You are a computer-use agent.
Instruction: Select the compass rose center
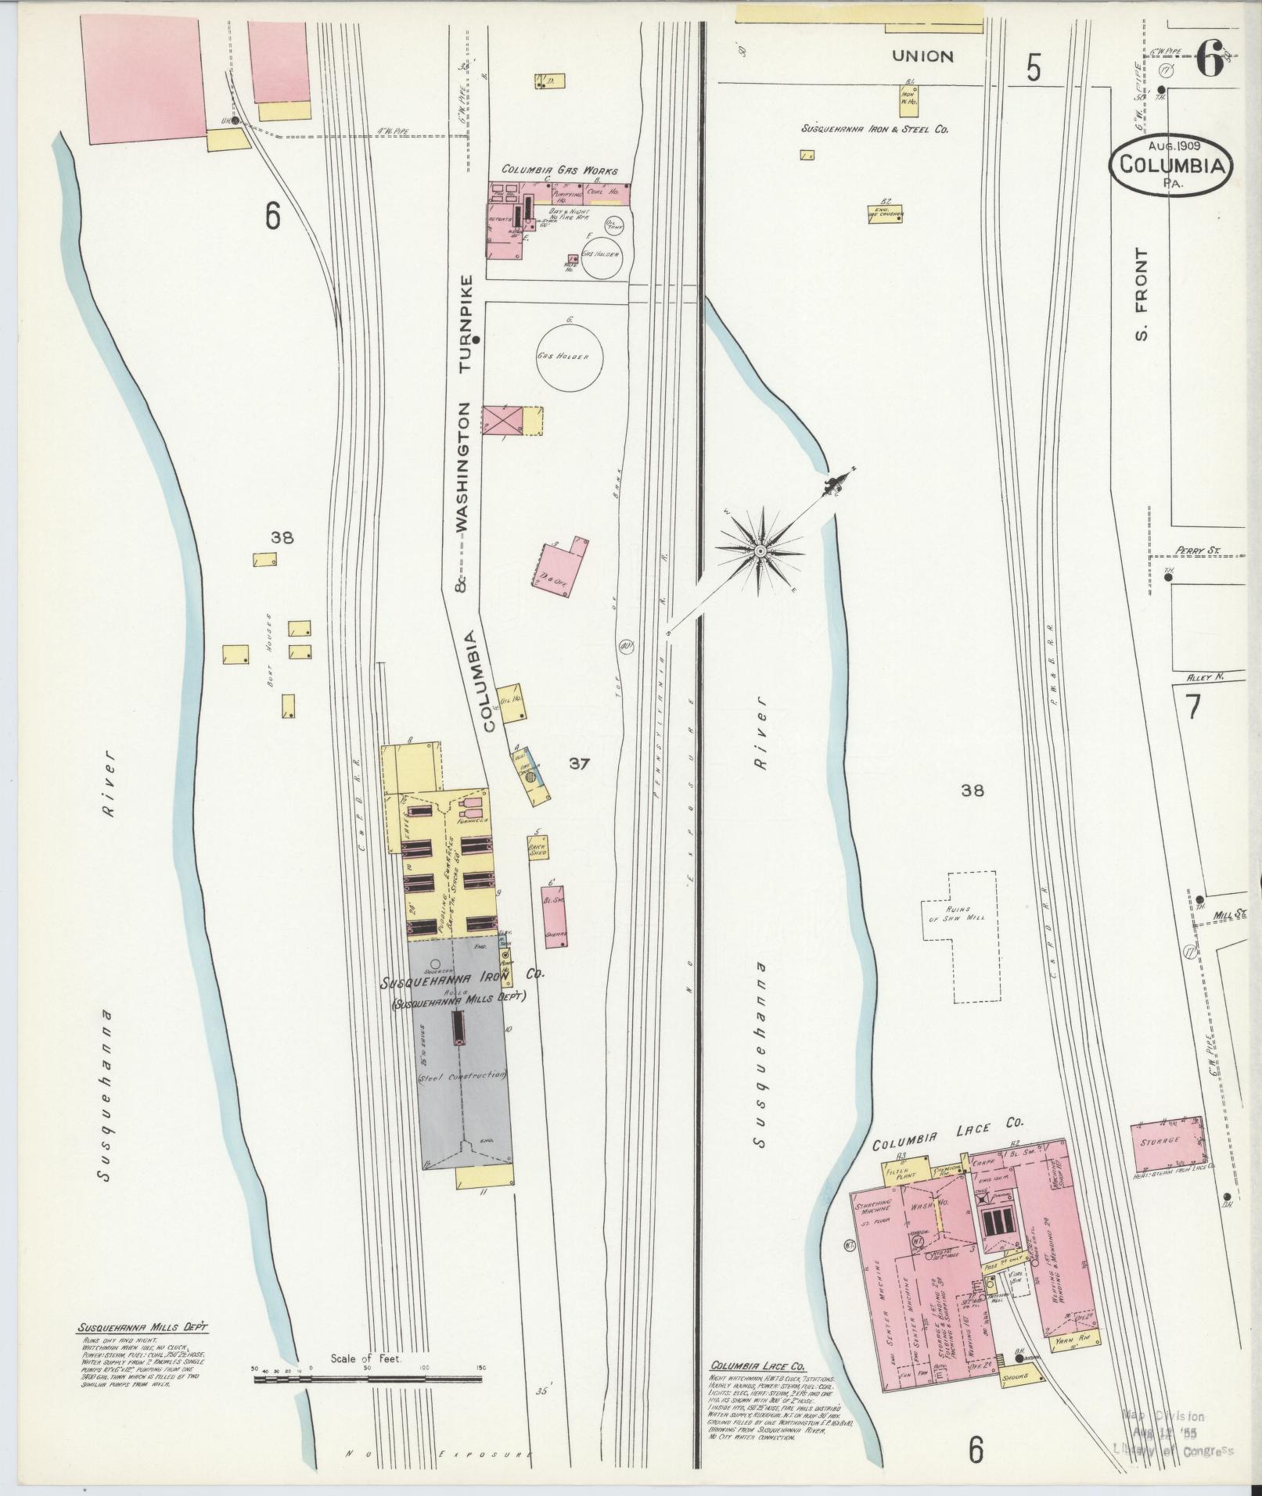pos(759,552)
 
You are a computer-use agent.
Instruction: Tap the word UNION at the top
pos(923,56)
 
